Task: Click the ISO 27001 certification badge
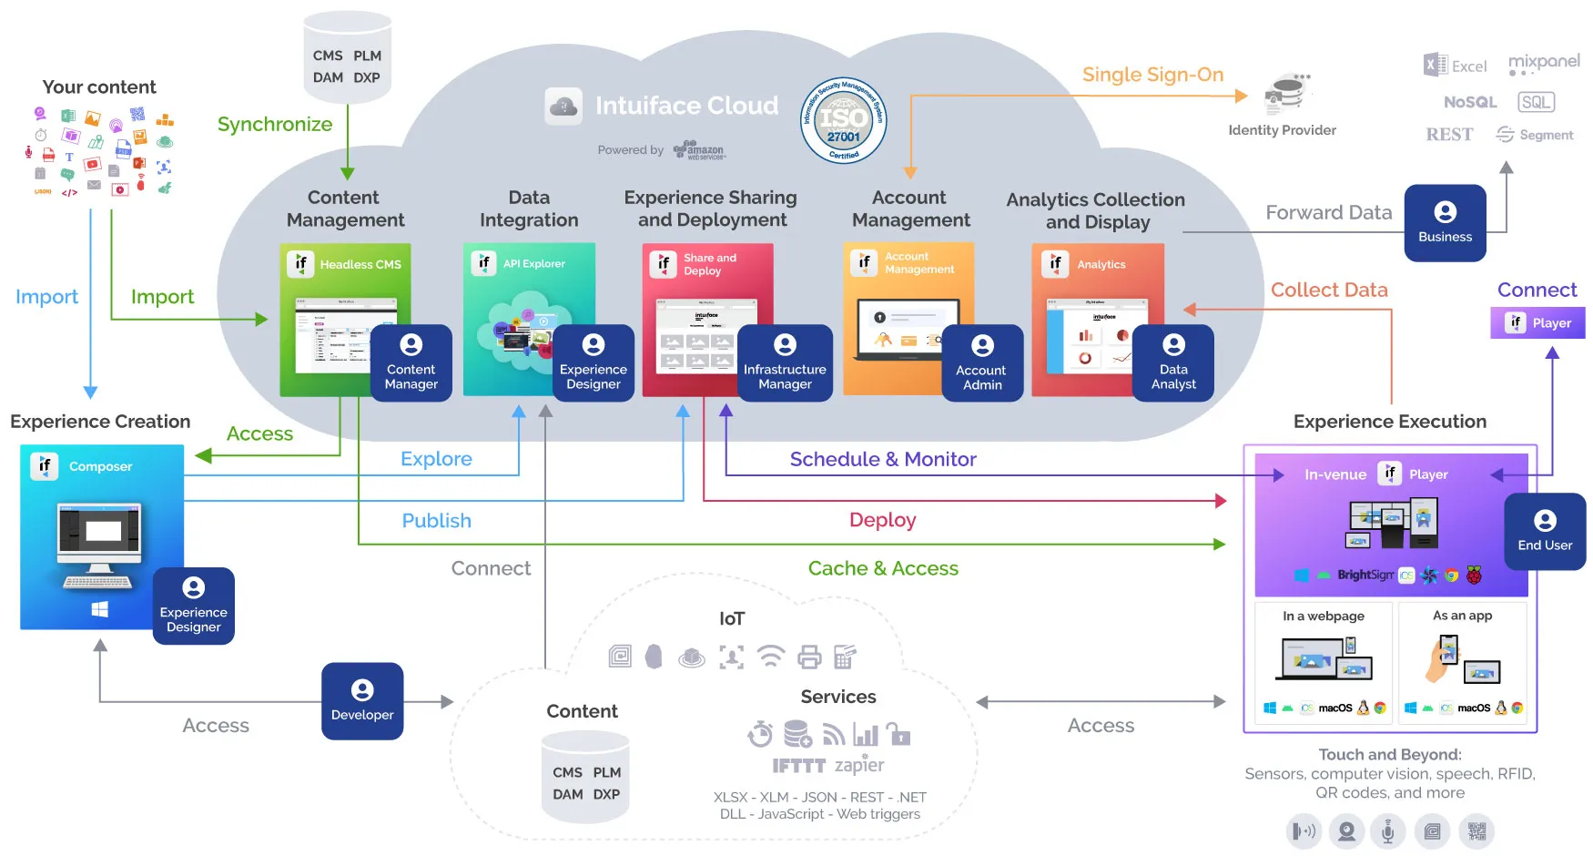coord(843,120)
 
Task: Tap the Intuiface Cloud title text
coord(686,106)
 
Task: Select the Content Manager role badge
coord(411,362)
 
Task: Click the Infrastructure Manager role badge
coord(785,362)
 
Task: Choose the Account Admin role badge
coord(982,363)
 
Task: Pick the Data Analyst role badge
coord(1173,362)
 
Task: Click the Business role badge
coord(1445,223)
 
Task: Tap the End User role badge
coord(1545,532)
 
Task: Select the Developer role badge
coord(362,700)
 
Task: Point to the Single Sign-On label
coord(1152,75)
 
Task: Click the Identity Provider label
coord(1282,130)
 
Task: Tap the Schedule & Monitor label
coord(882,459)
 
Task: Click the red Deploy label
coord(882,520)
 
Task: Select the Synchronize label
coord(274,124)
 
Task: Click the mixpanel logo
coord(1544,63)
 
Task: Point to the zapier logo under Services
coord(859,765)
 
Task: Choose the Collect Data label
coord(1329,290)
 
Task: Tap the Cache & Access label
coord(883,568)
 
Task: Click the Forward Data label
coord(1328,212)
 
